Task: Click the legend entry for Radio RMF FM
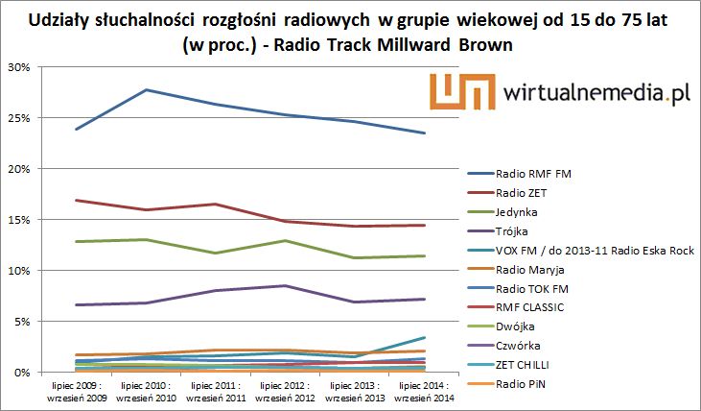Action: tap(529, 174)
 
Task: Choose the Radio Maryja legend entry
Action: tap(530, 270)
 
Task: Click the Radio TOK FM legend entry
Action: tap(532, 289)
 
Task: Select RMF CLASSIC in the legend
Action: tap(529, 308)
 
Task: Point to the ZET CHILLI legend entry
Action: tap(524, 366)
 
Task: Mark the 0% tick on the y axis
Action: tap(23, 372)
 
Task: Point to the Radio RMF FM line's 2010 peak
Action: tap(146, 90)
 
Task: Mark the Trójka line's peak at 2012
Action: tap(285, 285)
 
